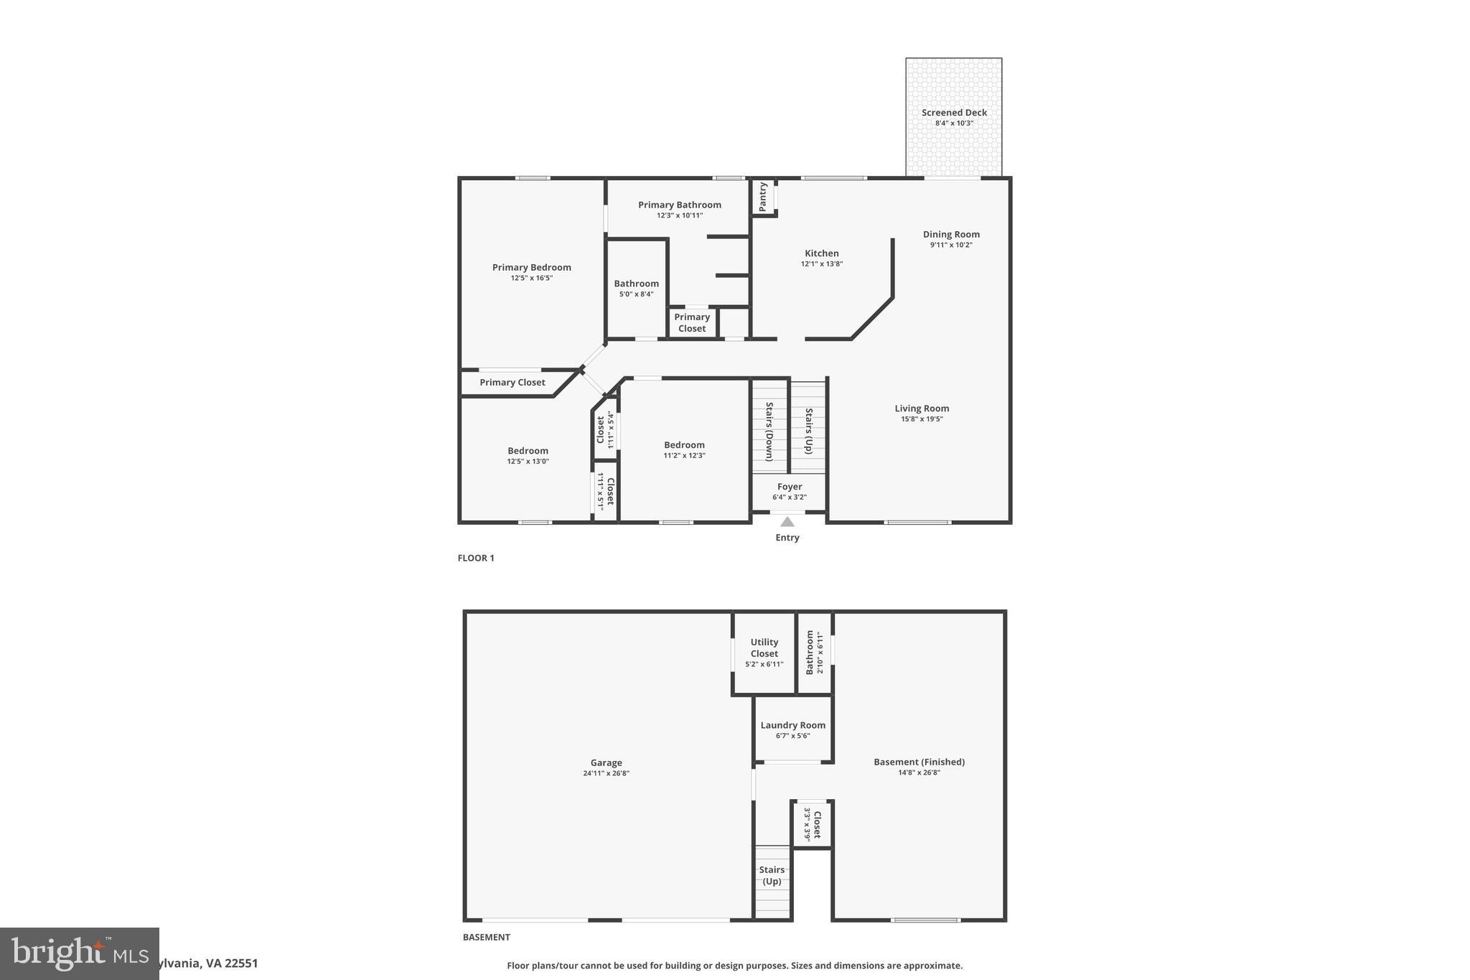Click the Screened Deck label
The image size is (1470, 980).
click(954, 113)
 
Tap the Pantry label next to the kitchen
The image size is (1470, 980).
click(763, 197)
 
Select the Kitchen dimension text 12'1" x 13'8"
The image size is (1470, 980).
click(822, 264)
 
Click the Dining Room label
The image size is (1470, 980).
click(951, 234)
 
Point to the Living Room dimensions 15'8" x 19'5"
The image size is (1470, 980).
click(922, 419)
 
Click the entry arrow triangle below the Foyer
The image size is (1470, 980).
click(787, 522)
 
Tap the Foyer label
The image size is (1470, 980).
click(790, 487)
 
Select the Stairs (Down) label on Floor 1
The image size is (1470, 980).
click(769, 431)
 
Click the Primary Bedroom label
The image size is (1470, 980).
click(531, 268)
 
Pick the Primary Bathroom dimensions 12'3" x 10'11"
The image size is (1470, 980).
click(679, 215)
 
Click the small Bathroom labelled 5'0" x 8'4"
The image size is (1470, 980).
click(636, 284)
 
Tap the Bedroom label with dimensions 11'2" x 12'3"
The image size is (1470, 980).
click(684, 445)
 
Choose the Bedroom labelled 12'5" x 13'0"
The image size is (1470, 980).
click(528, 451)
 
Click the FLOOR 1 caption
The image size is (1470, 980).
click(476, 558)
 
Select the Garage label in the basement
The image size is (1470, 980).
click(606, 763)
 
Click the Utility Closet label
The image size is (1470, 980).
click(764, 648)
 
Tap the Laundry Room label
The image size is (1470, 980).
click(792, 725)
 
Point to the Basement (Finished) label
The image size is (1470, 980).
click(919, 762)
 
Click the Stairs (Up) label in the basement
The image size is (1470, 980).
click(772, 875)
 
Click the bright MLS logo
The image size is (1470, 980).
click(79, 953)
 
